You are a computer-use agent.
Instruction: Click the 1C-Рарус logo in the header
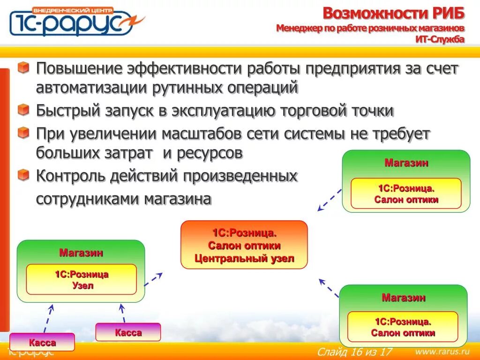click(75, 22)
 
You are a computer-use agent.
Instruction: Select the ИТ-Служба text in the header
click(440, 39)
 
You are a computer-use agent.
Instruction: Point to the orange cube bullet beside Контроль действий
click(23, 175)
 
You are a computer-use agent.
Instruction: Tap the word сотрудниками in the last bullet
click(87, 199)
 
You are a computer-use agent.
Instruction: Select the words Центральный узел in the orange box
click(244, 258)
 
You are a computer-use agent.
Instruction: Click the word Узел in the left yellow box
click(82, 285)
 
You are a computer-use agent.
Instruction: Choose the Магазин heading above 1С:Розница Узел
click(81, 253)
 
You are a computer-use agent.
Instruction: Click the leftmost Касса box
click(42, 343)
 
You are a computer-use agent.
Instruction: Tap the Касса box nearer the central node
click(128, 332)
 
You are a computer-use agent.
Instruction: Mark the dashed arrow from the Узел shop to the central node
click(153, 279)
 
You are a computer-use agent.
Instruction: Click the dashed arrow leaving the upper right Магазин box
click(330, 200)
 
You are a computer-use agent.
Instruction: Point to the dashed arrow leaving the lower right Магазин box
click(329, 288)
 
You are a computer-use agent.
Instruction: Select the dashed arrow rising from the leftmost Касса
click(48, 318)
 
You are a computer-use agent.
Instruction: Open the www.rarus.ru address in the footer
click(442, 351)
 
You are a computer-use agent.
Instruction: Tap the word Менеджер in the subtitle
click(298, 29)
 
